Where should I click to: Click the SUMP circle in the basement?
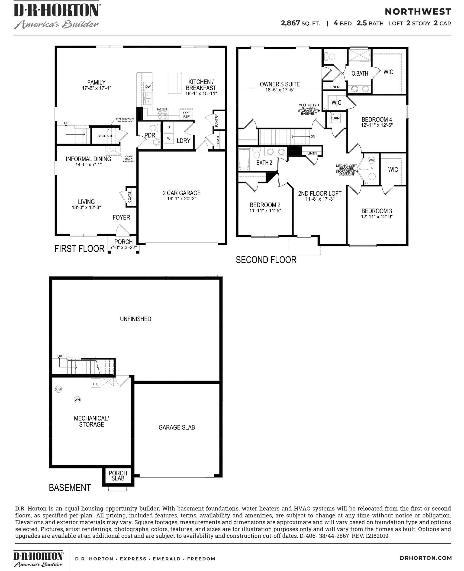coord(58,389)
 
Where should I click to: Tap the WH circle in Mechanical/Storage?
coord(77,400)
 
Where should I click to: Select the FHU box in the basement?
coord(95,384)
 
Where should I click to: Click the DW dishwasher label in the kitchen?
coord(148,87)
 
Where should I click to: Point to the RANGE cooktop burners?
coord(162,115)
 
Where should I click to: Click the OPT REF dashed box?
coord(186,115)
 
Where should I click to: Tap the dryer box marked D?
coord(169,127)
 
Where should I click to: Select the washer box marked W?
coord(169,138)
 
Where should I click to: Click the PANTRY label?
coord(216,120)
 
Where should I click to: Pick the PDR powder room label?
coord(150,135)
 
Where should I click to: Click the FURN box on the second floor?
coord(335,118)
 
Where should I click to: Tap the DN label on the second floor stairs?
coord(313,137)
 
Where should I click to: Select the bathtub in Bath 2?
coord(244,159)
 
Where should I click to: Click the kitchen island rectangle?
coord(175,83)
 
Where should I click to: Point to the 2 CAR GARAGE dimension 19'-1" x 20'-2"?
coord(182,199)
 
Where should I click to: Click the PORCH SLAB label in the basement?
coord(118,476)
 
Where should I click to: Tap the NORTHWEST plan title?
coord(418,12)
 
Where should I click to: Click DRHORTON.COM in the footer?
coord(425,558)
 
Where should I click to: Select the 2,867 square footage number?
coord(290,23)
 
